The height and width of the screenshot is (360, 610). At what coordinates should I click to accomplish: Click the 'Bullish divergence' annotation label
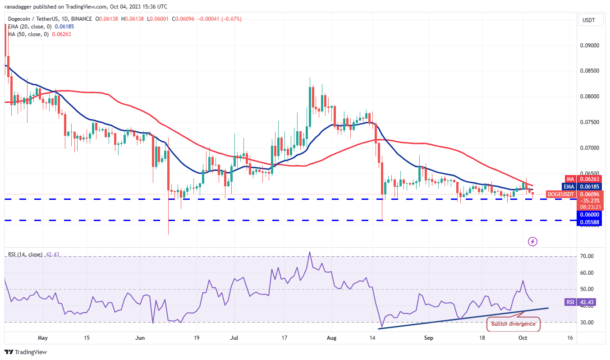coord(513,323)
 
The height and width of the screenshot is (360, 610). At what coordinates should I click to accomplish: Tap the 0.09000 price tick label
coord(589,46)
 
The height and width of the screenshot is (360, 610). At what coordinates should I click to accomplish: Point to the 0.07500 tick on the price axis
coord(589,122)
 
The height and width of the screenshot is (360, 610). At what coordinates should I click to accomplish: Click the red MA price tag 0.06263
coord(589,179)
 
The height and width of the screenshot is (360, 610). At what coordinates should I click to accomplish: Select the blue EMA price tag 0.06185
coord(589,186)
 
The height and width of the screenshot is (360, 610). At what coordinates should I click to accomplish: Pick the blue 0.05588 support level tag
coord(589,222)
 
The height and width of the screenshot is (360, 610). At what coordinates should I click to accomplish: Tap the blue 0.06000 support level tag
coord(589,215)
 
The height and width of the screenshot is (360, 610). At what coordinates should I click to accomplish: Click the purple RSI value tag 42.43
coord(588,302)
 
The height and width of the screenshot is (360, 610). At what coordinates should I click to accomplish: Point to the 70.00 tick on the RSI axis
coord(587,256)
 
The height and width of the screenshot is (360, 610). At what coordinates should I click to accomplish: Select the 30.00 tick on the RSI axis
coord(587,323)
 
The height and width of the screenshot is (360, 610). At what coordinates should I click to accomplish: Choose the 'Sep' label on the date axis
coord(428,337)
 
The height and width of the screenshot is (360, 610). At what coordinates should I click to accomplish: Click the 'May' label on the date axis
coord(42,337)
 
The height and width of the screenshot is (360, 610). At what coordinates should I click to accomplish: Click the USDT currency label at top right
coord(588,20)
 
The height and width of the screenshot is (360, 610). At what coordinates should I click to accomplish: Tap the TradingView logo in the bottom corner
coord(26,352)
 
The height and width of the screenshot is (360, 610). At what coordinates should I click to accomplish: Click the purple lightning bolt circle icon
coord(532,242)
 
